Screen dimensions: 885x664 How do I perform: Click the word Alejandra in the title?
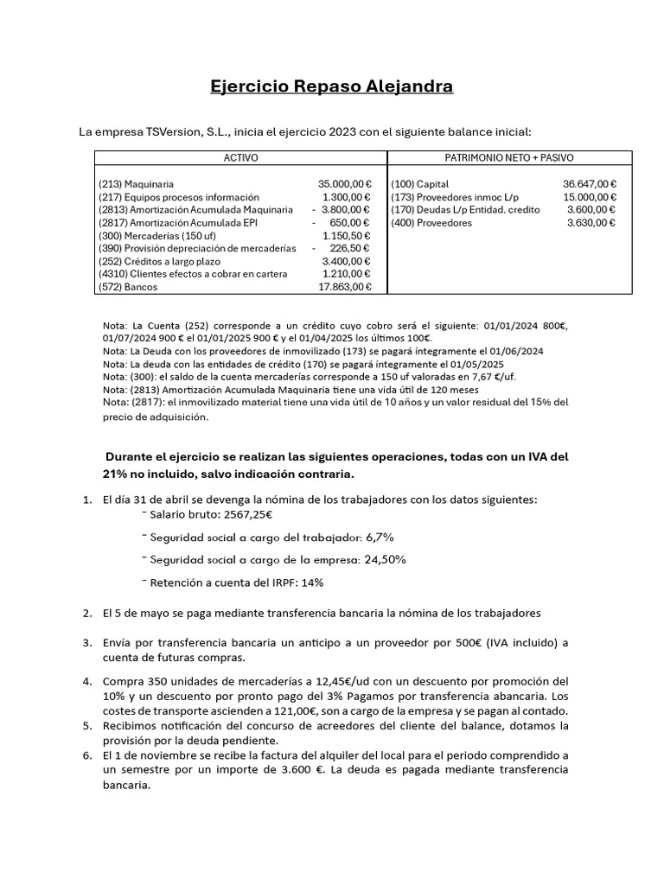click(x=405, y=87)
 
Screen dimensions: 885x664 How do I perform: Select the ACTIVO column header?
click(x=240, y=158)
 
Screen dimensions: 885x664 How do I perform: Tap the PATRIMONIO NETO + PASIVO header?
click(x=509, y=158)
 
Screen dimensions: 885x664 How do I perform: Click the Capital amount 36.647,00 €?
click(x=589, y=184)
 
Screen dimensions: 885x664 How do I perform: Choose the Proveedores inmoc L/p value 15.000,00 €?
click(x=589, y=197)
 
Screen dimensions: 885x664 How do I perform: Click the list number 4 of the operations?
click(x=86, y=681)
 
